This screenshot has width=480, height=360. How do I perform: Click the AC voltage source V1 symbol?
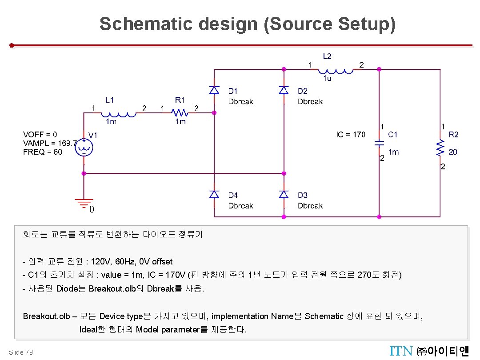pyautogui.click(x=84, y=148)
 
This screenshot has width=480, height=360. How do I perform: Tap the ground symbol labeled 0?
pyautogui.click(x=84, y=204)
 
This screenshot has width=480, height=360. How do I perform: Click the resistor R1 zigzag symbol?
pyautogui.click(x=180, y=113)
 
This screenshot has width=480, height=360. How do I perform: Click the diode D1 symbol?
pyautogui.click(x=214, y=90)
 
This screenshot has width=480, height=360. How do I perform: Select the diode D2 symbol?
pyautogui.click(x=284, y=90)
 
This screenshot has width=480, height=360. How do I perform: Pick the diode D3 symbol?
pyautogui.click(x=284, y=194)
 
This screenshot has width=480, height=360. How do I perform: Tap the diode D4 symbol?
pyautogui.click(x=214, y=194)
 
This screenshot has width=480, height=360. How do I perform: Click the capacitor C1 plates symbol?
pyautogui.click(x=379, y=143)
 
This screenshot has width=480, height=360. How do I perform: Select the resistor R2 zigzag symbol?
pyautogui.click(x=440, y=148)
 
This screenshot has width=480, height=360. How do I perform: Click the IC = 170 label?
pyautogui.click(x=351, y=134)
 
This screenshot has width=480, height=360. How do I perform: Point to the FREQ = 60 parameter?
pyautogui.click(x=43, y=152)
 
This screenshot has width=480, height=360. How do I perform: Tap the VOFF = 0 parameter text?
pyautogui.click(x=40, y=134)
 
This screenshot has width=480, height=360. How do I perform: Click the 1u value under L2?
pyautogui.click(x=327, y=79)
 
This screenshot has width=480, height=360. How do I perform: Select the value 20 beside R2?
pyautogui.click(x=453, y=152)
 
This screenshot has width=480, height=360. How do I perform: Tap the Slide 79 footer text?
pyautogui.click(x=20, y=352)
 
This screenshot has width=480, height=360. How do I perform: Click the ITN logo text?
pyautogui.click(x=401, y=352)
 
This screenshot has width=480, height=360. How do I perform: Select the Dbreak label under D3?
pyautogui.click(x=310, y=206)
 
